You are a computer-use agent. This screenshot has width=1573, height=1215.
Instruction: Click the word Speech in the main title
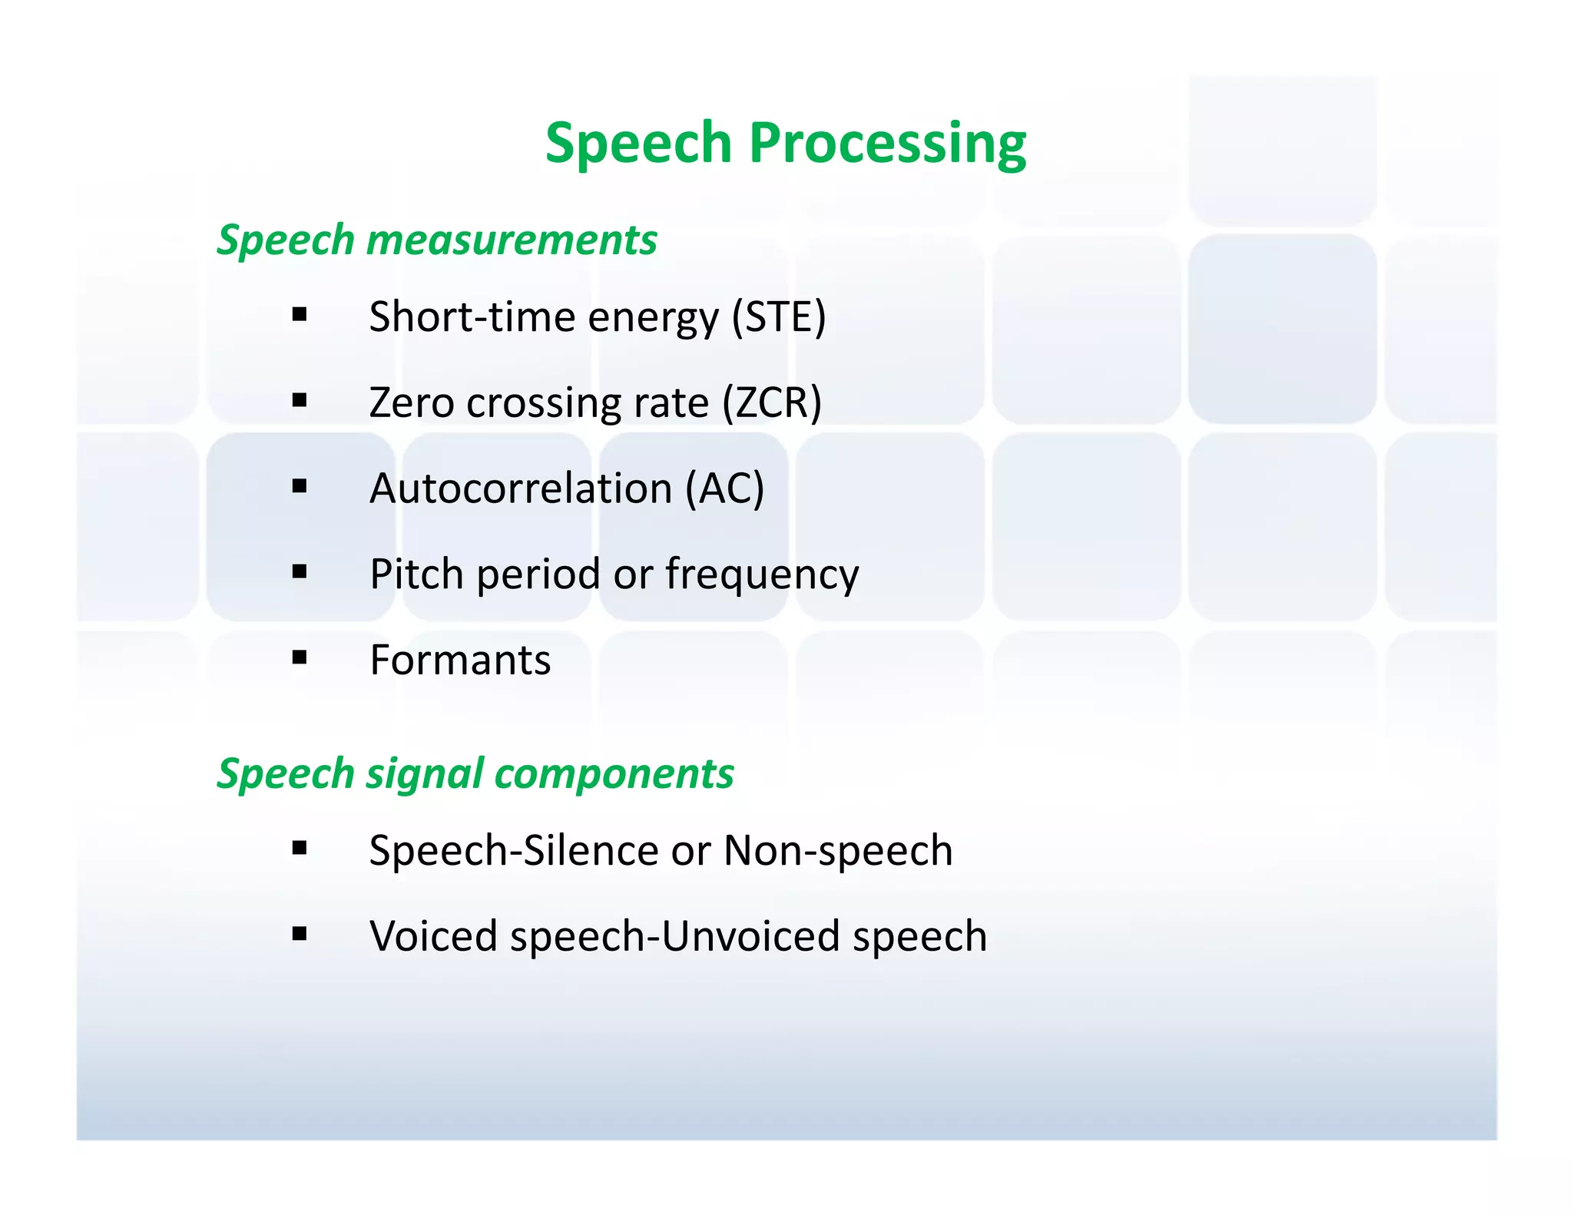638,143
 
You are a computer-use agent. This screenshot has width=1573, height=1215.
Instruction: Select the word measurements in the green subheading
512,240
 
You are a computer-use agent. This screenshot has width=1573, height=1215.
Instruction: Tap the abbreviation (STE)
778,316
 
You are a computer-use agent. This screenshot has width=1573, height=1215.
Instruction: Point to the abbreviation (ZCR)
772,402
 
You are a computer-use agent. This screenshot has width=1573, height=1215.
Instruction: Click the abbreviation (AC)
724,488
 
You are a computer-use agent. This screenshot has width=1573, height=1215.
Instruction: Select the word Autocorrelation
521,488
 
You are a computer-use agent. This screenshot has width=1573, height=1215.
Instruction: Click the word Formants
460,660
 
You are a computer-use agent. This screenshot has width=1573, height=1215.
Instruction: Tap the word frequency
762,574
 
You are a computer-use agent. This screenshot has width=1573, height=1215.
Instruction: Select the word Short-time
472,316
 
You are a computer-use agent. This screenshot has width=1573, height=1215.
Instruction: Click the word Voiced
433,936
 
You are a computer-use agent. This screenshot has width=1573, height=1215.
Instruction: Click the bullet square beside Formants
300,657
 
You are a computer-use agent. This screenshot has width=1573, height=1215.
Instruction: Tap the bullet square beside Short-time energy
300,314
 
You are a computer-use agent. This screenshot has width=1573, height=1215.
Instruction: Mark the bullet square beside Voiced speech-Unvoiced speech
300,934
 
